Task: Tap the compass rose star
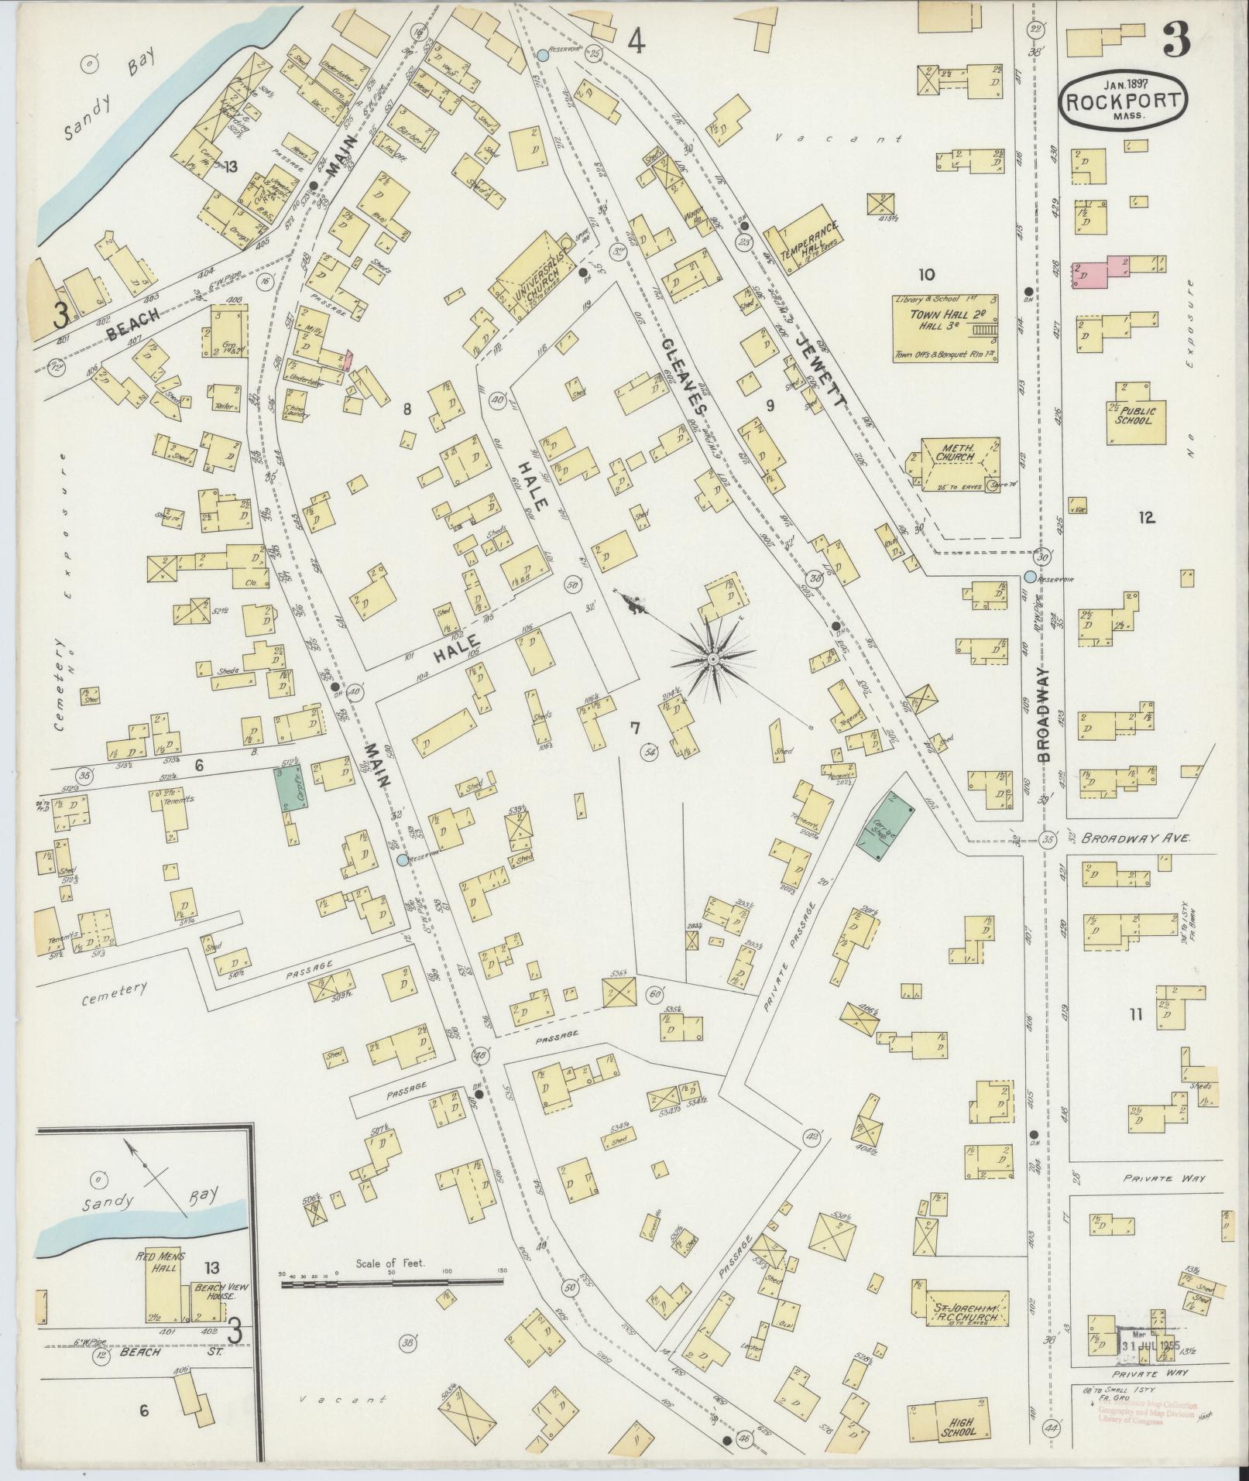(x=712, y=659)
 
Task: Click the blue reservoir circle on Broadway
(x=1029, y=577)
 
